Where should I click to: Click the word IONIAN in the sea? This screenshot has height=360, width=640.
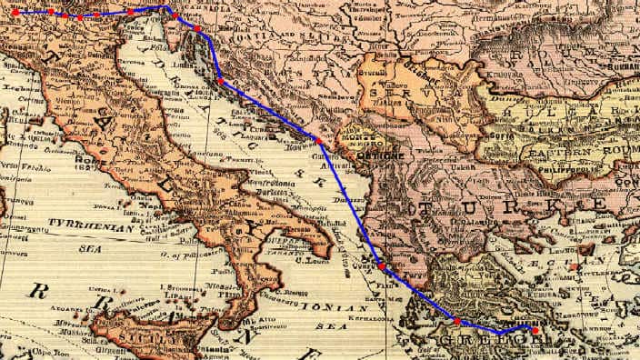coord(324,307)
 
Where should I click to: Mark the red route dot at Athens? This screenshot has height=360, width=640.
coord(535,330)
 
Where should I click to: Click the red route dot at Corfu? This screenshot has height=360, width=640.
coord(382,266)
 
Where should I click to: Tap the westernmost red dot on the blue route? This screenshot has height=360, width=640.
coord(15,13)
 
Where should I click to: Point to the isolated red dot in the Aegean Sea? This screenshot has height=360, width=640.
coord(575,266)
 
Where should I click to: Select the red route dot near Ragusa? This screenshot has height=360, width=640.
coord(319,140)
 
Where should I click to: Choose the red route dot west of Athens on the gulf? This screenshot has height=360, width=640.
coord(456,321)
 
